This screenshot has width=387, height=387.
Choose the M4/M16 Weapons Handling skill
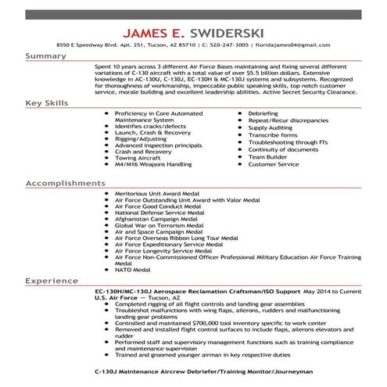point(153,165)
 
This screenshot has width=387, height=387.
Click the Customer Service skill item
point(274,165)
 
